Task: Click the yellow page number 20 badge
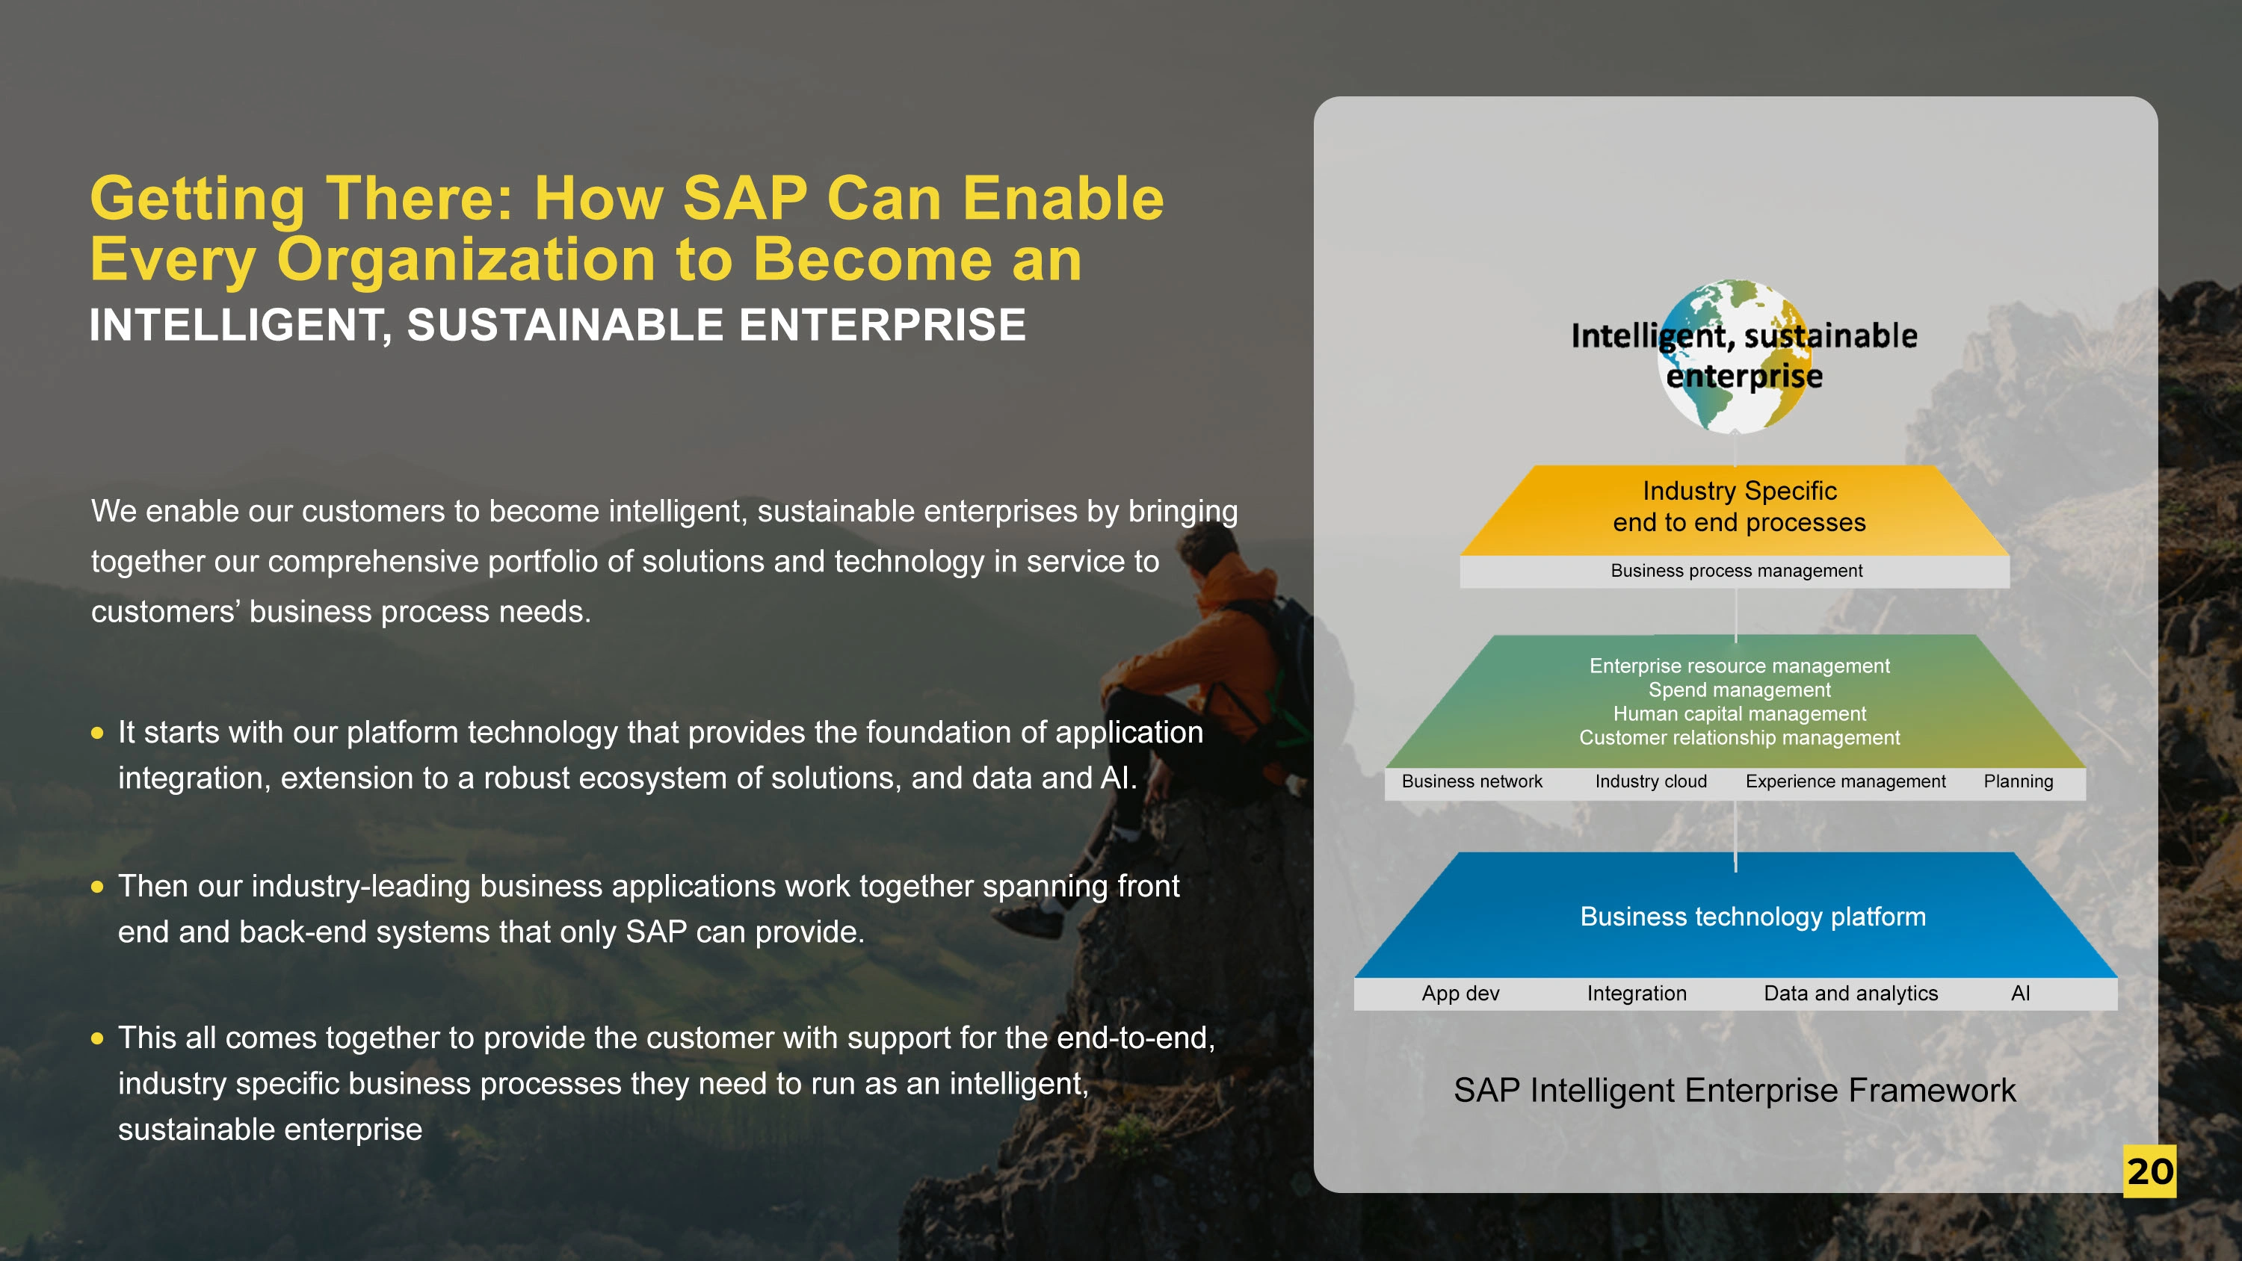tap(2149, 1171)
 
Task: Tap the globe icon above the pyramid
tap(1735, 356)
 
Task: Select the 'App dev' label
tap(1460, 993)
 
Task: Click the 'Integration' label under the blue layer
tap(1636, 993)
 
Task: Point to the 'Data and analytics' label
tap(1850, 993)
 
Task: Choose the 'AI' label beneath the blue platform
tap(2020, 993)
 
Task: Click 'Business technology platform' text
tap(1752, 917)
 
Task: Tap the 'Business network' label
tap(1471, 781)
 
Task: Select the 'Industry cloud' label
tap(1651, 781)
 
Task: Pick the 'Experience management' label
tap(1845, 781)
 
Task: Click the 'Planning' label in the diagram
tap(2019, 781)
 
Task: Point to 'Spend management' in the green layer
tap(1739, 690)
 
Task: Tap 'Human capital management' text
tap(1739, 713)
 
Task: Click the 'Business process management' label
tap(1736, 571)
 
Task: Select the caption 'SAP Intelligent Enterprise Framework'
tap(1735, 1091)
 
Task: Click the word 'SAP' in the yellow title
tap(745, 199)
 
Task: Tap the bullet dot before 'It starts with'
tap(97, 733)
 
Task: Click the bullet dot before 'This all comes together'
tap(97, 1038)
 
